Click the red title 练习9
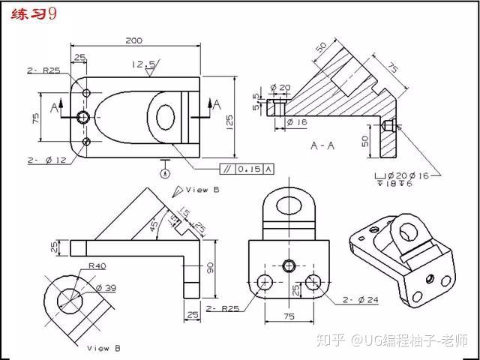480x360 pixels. pyautogui.click(x=31, y=15)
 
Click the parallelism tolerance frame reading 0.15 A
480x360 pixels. pyautogui.click(x=247, y=169)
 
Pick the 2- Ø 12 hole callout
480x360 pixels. pyautogui.click(x=46, y=160)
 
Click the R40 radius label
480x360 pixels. pyautogui.click(x=97, y=265)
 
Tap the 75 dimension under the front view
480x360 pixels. pyautogui.click(x=289, y=316)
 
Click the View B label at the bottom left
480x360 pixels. pyautogui.click(x=98, y=348)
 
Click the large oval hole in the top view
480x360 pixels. pyautogui.click(x=165, y=115)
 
